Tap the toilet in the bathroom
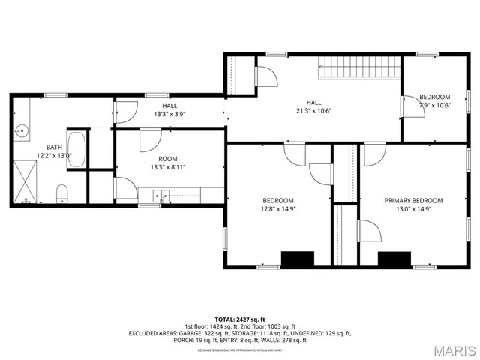click(x=62, y=194)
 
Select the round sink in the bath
click(x=21, y=130)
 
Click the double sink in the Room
click(x=162, y=196)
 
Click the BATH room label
click(x=54, y=148)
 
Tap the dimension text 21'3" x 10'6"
click(x=313, y=110)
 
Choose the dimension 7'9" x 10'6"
click(x=434, y=105)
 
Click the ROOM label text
click(x=168, y=159)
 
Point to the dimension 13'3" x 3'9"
click(x=169, y=114)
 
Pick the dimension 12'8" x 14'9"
click(x=277, y=209)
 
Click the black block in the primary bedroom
click(x=394, y=259)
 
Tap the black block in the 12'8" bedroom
click(x=297, y=259)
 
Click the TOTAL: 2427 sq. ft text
click(x=240, y=319)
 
